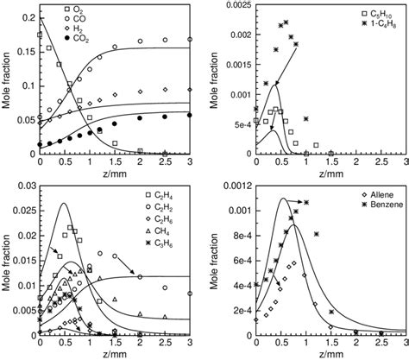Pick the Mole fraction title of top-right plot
tap(214, 81)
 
